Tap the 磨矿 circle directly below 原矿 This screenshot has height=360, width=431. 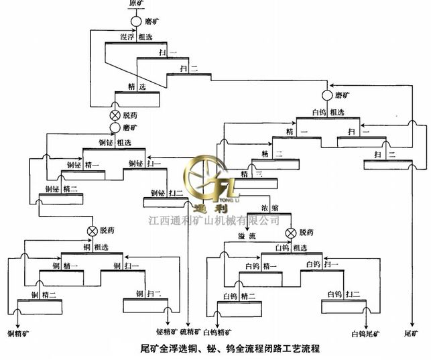coord(135,21)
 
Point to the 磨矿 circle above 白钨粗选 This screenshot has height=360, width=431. coord(327,96)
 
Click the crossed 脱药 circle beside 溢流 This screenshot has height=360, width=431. coord(291,233)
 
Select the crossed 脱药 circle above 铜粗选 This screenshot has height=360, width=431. coord(92,231)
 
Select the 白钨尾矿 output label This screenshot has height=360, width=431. coord(365,333)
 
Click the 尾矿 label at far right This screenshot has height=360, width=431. coord(411,332)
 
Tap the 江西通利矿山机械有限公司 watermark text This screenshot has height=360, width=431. coord(213,220)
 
